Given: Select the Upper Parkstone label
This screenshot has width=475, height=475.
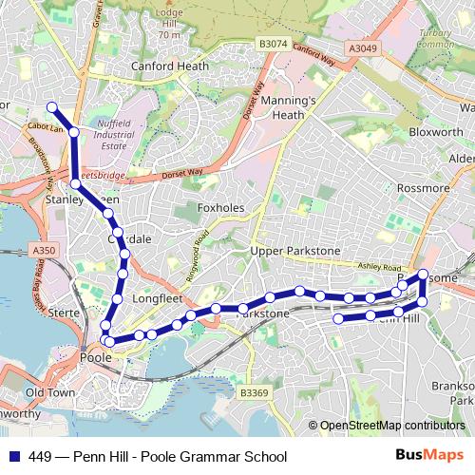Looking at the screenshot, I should coord(294,250).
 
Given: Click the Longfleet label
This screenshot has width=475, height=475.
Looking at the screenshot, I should coord(157,298).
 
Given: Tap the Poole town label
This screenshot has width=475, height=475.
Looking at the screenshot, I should coord(96,358).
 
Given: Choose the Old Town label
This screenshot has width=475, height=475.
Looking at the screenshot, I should coord(50,392).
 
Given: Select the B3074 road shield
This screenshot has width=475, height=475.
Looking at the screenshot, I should coord(273,44).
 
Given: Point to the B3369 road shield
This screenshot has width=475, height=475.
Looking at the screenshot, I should coord(254,392).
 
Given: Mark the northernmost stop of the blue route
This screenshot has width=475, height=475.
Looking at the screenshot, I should coord(52,107).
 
